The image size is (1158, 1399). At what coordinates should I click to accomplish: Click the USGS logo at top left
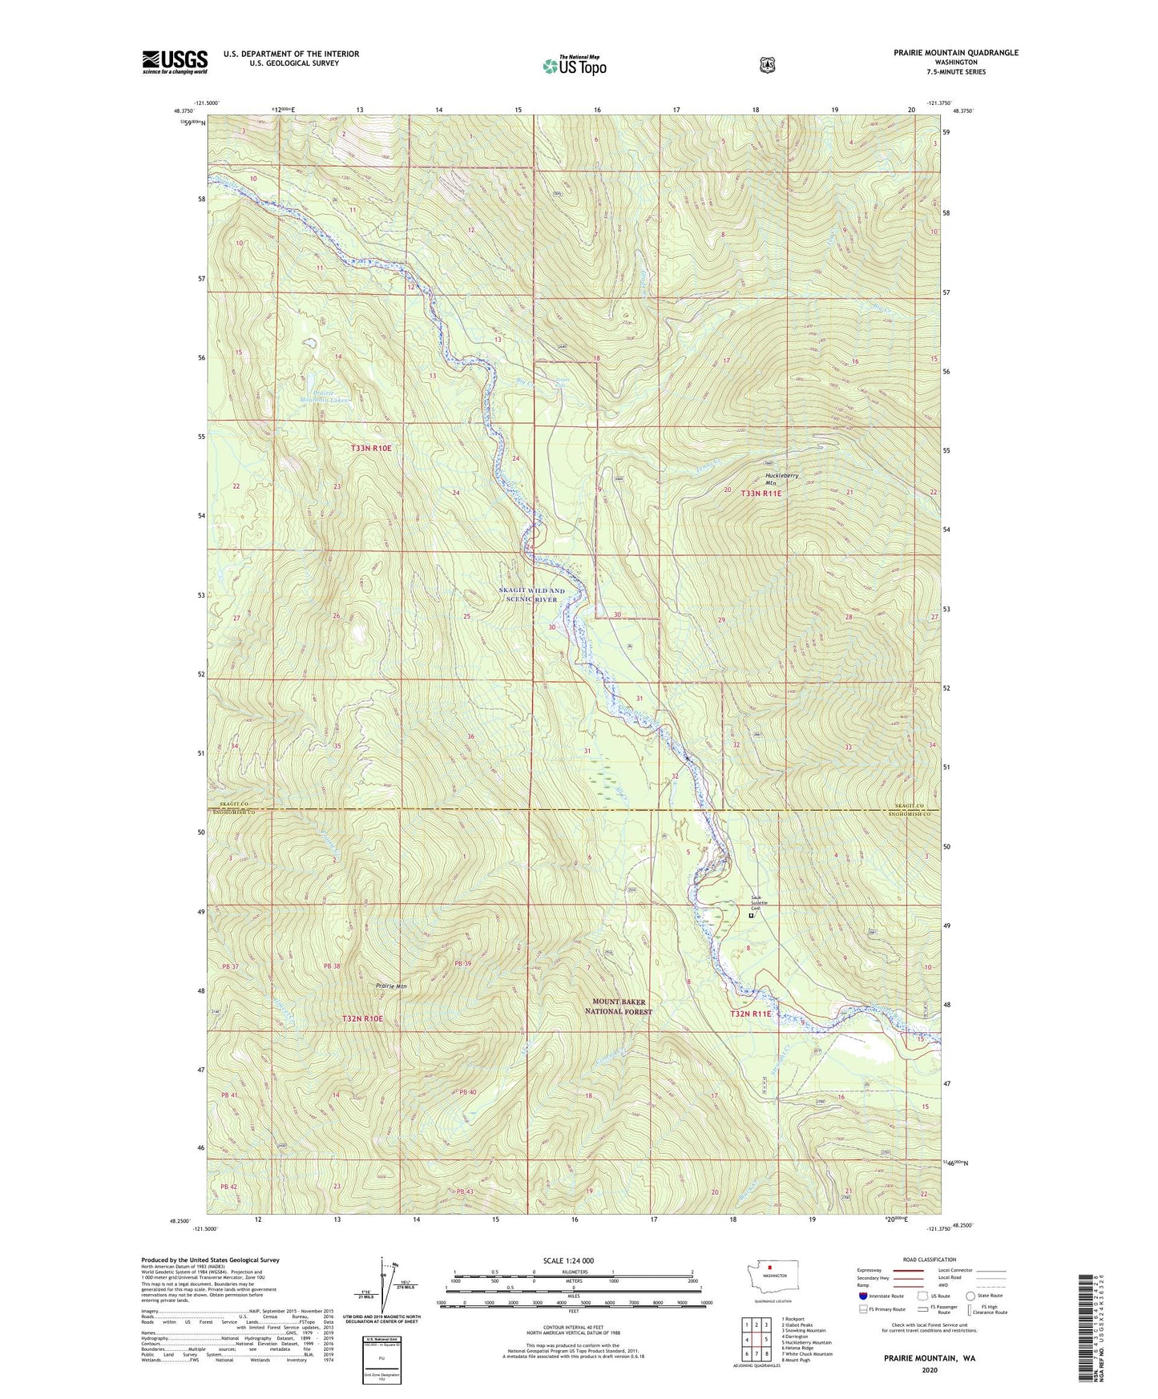(175, 62)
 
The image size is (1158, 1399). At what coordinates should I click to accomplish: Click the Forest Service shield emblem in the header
(767, 65)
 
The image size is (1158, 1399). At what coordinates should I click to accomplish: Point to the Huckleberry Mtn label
(781, 479)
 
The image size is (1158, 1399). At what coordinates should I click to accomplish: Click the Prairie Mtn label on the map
(392, 986)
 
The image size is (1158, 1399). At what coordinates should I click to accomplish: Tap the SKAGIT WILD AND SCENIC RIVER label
(531, 595)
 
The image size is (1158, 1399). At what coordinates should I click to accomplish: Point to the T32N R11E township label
(750, 1014)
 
